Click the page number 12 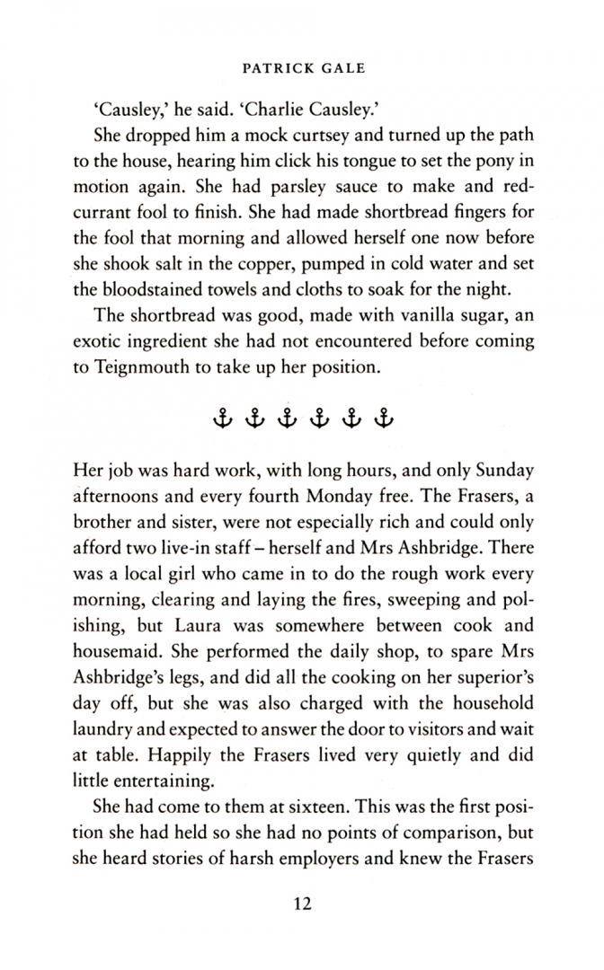coord(302,904)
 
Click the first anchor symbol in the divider coord(221,419)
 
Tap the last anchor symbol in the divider coord(384,419)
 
